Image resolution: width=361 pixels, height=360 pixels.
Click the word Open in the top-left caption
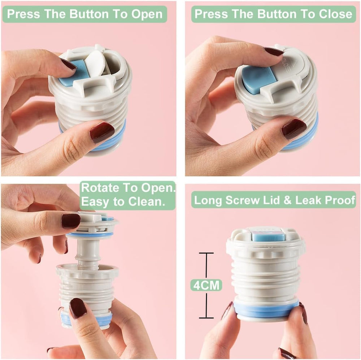tap(146, 14)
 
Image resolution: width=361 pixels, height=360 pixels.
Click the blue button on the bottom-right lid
tap(268, 236)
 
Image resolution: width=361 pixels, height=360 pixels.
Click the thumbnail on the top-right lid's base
tap(294, 129)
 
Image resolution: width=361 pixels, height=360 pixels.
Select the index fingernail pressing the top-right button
tap(273, 52)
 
